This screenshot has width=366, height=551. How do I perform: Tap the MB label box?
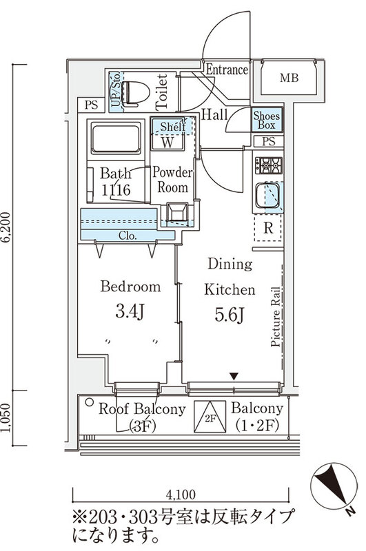click(x=289, y=78)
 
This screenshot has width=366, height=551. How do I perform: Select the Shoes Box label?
click(x=267, y=120)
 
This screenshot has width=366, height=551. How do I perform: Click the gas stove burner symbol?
click(x=269, y=165)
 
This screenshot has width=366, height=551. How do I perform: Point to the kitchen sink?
click(x=268, y=196)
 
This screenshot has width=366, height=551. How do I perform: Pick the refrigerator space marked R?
click(x=268, y=228)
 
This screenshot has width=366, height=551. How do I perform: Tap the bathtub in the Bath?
click(x=116, y=138)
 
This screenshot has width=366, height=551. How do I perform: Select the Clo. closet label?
click(x=128, y=236)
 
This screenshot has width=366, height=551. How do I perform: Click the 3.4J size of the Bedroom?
click(x=130, y=311)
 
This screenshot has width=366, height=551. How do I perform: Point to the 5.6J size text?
click(x=230, y=315)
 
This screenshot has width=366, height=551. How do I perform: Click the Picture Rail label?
click(x=276, y=317)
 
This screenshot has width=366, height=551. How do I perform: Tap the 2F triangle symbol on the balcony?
click(x=210, y=417)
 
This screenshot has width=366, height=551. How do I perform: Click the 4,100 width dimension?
click(x=181, y=495)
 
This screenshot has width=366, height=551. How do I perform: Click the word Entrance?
click(x=227, y=70)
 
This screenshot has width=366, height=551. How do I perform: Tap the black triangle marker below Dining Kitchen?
click(x=234, y=376)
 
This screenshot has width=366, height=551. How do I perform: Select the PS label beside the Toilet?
click(x=91, y=105)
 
